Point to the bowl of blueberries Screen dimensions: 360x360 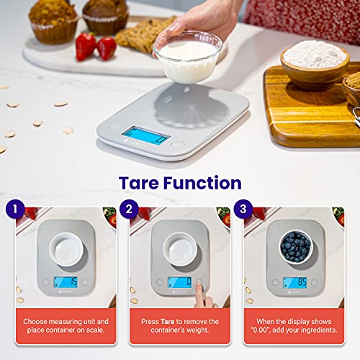[x=295, y=246]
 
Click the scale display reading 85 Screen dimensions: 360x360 [x=294, y=282]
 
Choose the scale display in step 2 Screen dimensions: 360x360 [x=179, y=282]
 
